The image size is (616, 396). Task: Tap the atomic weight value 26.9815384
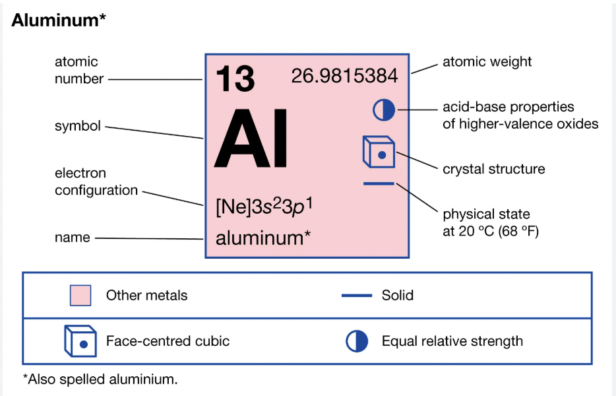[x=344, y=77]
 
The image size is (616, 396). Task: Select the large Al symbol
[x=252, y=139]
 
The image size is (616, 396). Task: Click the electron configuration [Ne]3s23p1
[x=264, y=207]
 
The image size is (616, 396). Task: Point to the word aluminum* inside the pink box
[x=263, y=238]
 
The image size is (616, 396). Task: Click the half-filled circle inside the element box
[x=383, y=110]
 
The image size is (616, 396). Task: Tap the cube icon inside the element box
[x=379, y=152]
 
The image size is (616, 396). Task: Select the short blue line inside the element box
[x=379, y=183]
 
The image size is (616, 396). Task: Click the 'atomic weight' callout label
[x=487, y=62]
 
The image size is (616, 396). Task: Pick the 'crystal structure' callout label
[x=493, y=169]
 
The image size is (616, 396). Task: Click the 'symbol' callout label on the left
[x=78, y=125]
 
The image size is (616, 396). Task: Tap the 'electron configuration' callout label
[x=96, y=182]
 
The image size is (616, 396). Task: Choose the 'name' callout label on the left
[x=73, y=238]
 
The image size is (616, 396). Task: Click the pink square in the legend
[x=80, y=295]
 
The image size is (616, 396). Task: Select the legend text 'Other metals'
[x=146, y=295]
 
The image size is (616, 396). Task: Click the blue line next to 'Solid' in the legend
[x=357, y=295]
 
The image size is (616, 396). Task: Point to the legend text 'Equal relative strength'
[x=452, y=341]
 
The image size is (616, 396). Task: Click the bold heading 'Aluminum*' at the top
[x=59, y=20]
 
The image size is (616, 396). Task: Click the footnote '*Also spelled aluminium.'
[x=100, y=379]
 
